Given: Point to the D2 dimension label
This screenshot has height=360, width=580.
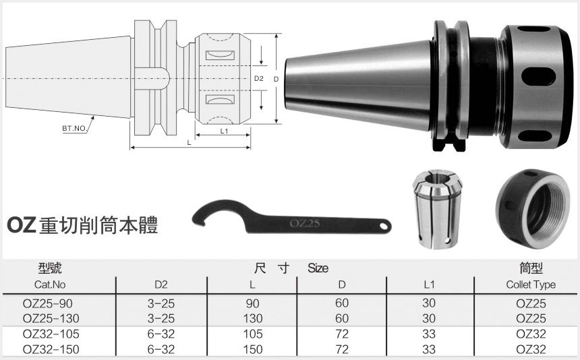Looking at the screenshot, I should pyautogui.click(x=258, y=79).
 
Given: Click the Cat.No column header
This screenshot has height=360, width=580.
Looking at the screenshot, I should pyautogui.click(x=50, y=284).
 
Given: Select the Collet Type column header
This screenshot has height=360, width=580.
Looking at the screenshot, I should pyautogui.click(x=531, y=284).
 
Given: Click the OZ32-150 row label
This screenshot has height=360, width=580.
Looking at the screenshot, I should pyautogui.click(x=50, y=349).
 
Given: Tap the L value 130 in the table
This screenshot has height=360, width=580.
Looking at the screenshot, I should pyautogui.click(x=252, y=318).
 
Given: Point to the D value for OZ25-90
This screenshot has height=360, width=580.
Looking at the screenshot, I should pyautogui.click(x=342, y=304).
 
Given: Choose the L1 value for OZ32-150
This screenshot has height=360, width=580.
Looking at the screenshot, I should pyautogui.click(x=429, y=349).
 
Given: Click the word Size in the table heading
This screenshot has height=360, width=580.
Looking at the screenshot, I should pyautogui.click(x=318, y=268).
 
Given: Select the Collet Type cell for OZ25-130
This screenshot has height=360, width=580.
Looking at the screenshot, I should pyautogui.click(x=531, y=318).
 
